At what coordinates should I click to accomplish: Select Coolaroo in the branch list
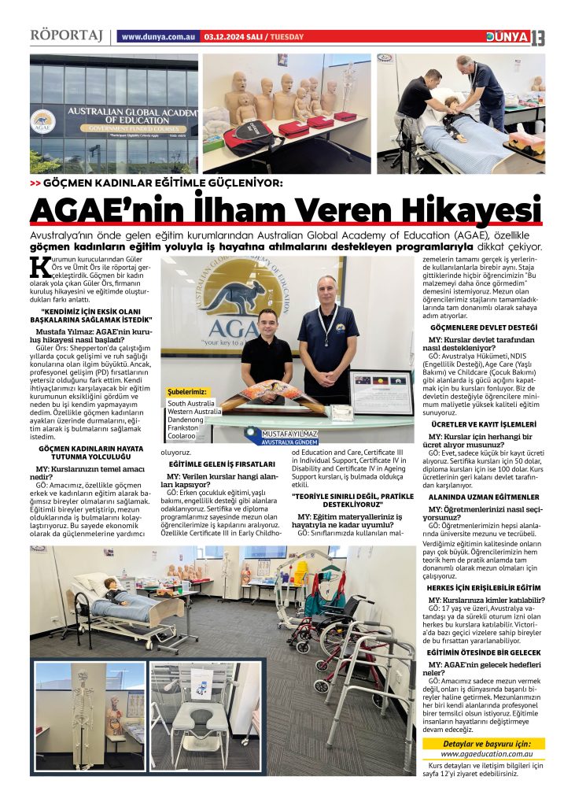[x=182, y=435]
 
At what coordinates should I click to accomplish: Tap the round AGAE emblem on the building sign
[x=44, y=120]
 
